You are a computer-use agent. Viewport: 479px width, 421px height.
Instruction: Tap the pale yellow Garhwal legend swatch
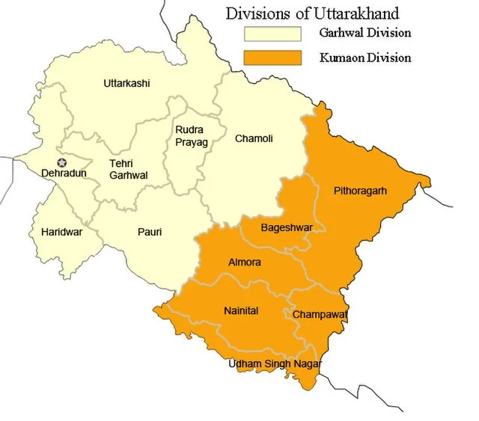click(x=271, y=34)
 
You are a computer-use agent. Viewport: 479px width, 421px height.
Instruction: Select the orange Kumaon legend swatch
click(x=271, y=58)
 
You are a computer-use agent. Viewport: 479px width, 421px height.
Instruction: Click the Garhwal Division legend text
click(x=364, y=34)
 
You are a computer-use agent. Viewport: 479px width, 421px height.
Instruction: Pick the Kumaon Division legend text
click(x=364, y=58)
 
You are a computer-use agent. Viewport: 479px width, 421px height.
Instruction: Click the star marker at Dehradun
click(x=62, y=162)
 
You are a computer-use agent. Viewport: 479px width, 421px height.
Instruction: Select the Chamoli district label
click(x=254, y=138)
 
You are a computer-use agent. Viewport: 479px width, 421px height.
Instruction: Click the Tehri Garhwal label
click(x=129, y=169)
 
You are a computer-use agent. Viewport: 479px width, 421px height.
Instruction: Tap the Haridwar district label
click(x=62, y=232)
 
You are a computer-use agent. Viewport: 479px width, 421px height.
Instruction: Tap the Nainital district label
click(x=241, y=311)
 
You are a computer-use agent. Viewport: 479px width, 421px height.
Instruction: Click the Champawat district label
click(x=320, y=315)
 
